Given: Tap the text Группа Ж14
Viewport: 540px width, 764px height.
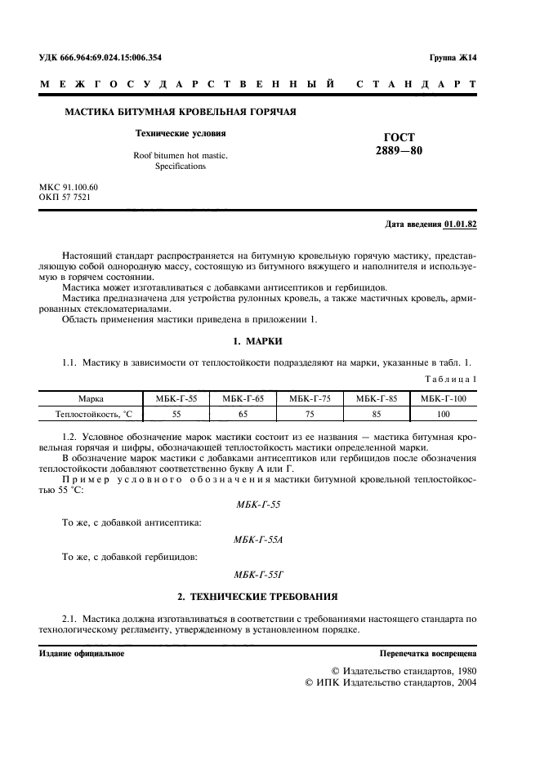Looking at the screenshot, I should pos(453,58).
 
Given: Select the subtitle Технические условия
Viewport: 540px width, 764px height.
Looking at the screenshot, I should pos(180,132).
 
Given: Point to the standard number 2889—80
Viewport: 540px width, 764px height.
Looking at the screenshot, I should pos(399,151).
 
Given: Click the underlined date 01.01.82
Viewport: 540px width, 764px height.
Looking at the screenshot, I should pos(461,224).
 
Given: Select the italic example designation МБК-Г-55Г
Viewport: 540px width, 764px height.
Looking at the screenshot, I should pos(257,575).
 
